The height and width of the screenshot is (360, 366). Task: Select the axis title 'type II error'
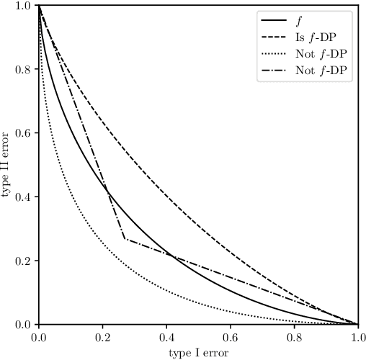click(x=7, y=165)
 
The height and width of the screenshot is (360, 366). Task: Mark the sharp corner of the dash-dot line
click(x=125, y=239)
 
